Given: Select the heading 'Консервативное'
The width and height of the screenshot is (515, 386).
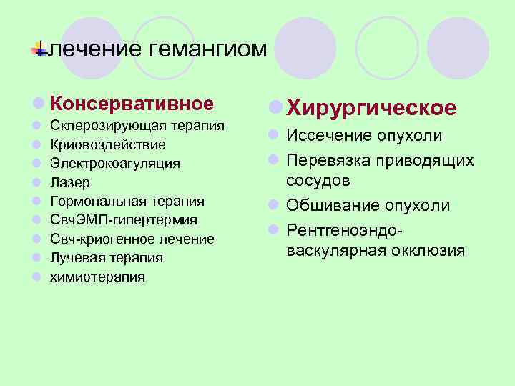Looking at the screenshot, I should [132, 104].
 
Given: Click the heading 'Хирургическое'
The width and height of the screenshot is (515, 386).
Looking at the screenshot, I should [371, 107].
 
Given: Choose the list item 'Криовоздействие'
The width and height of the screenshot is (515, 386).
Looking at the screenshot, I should [107, 145].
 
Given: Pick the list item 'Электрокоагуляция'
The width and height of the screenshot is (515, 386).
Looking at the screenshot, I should [114, 164].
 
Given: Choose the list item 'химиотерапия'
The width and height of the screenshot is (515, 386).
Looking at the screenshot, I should [97, 277].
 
